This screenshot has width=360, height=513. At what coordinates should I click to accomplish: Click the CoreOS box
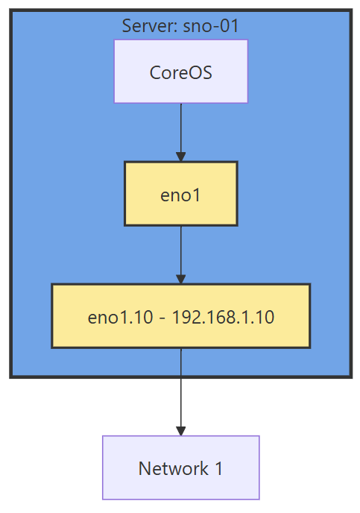[x=180, y=71]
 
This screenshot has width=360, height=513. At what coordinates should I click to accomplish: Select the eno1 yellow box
[x=180, y=194]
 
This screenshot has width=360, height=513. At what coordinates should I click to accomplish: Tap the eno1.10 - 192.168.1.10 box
[x=180, y=315]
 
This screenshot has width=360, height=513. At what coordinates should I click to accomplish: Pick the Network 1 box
[x=180, y=468]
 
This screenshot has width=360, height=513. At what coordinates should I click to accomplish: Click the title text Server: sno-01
[x=180, y=26]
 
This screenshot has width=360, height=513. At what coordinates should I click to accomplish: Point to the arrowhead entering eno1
[x=180, y=156]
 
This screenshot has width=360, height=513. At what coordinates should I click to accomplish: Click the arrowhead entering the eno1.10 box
[x=180, y=278]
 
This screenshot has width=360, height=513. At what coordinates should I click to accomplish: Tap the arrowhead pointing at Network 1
[x=180, y=430]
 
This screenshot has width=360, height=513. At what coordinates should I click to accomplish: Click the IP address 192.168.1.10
[x=223, y=317]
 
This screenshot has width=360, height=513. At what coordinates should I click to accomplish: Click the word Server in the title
[x=146, y=26]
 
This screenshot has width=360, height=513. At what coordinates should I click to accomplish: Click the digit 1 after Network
[x=218, y=469]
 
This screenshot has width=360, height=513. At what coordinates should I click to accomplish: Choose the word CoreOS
[x=180, y=72]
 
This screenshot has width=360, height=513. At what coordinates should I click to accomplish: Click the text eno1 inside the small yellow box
[x=180, y=195]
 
